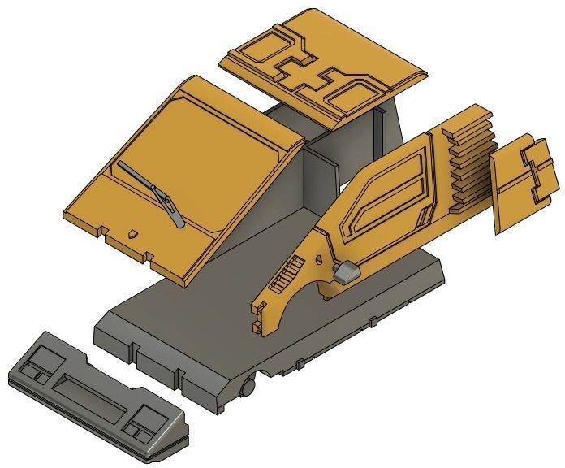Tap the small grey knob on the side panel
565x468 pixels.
point(347,271)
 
